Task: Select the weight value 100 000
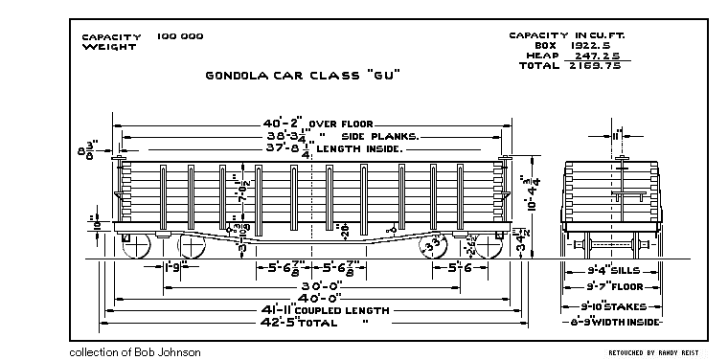click(x=180, y=36)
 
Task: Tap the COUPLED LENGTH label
click(x=342, y=310)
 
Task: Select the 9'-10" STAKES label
click(x=614, y=306)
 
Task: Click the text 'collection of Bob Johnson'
click(x=134, y=352)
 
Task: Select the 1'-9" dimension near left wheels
click(x=174, y=266)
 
